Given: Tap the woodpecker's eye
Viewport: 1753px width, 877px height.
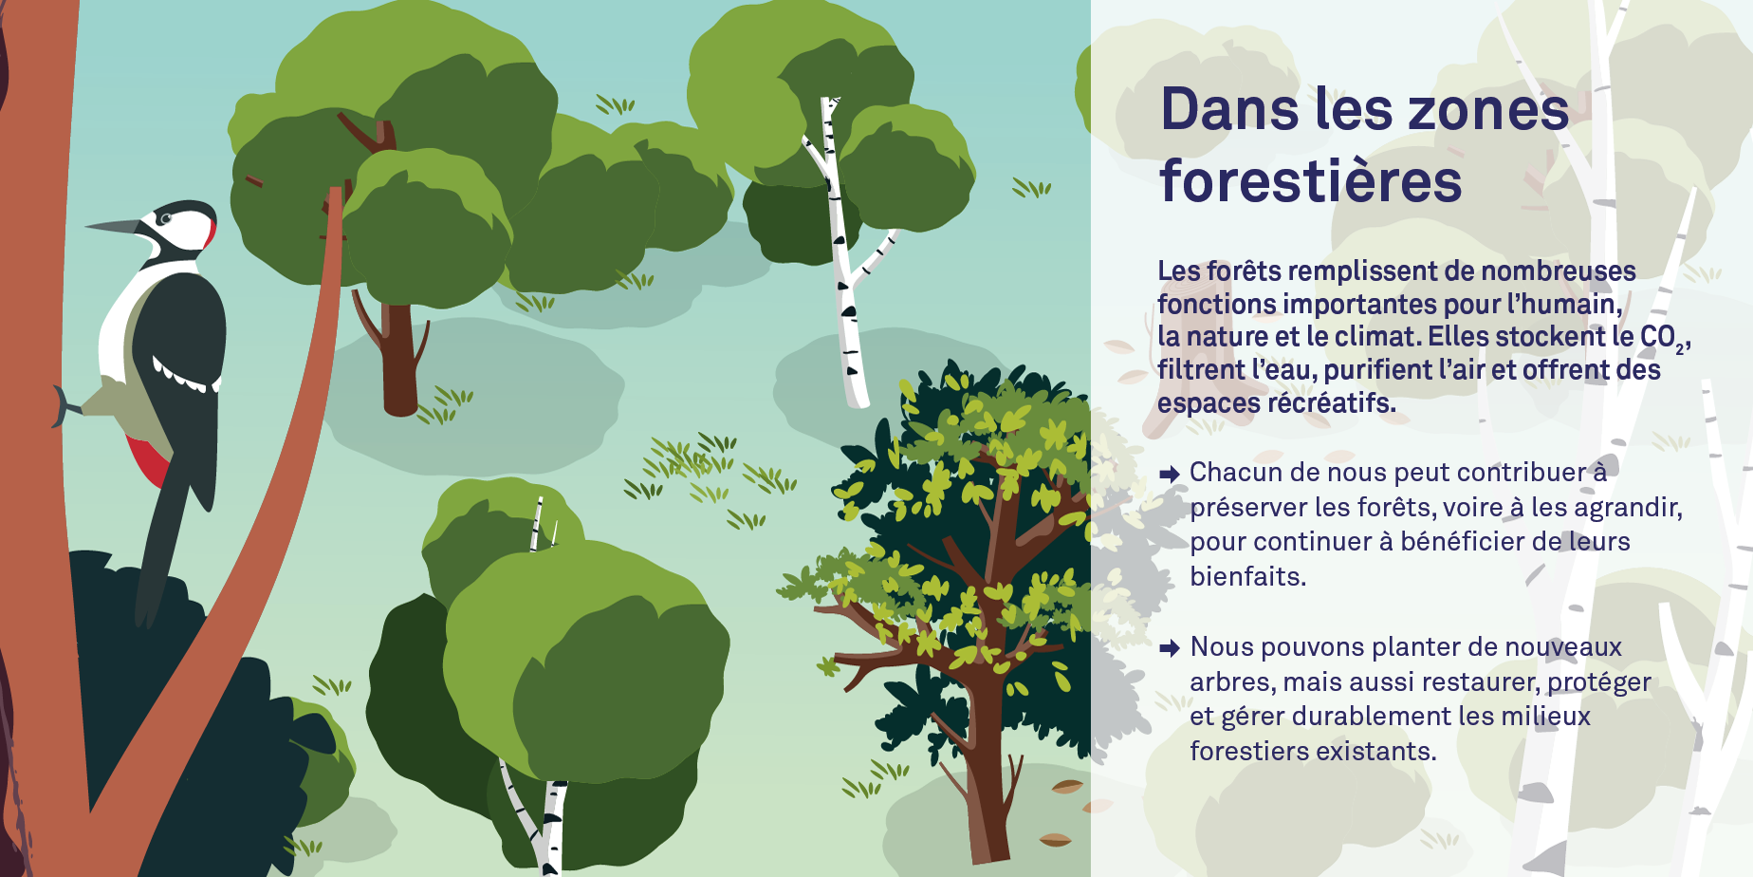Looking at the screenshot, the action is [x=166, y=218].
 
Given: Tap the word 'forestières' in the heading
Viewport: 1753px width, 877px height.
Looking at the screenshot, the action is [x=1311, y=180].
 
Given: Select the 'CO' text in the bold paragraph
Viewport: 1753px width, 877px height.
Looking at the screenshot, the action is [x=1657, y=337].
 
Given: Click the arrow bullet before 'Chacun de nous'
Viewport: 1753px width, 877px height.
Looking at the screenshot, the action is [x=1170, y=474].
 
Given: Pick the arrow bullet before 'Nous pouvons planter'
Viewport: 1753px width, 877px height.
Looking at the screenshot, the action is [x=1170, y=648].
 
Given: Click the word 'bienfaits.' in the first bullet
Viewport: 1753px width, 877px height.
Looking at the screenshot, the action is [x=1248, y=576].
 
